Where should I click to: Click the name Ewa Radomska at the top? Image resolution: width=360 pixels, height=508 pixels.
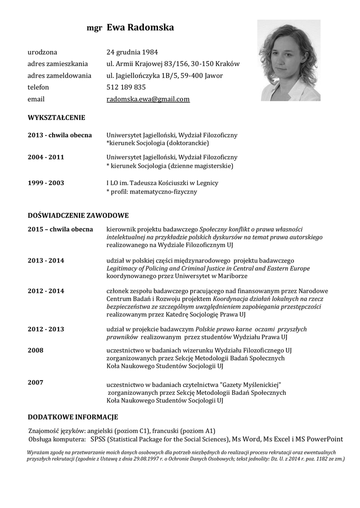(140, 28)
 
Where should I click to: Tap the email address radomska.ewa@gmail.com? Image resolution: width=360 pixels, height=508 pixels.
(148, 99)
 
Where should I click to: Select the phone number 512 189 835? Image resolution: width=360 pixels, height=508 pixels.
(126, 87)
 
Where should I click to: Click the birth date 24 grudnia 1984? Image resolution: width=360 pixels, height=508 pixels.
(133, 52)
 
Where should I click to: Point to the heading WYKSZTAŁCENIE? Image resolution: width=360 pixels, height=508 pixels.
(56, 118)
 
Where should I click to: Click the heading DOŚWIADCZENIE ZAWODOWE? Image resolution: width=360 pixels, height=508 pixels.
(78, 215)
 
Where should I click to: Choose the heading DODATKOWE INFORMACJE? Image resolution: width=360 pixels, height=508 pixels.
(72, 417)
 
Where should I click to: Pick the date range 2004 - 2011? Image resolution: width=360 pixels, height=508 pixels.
(46, 157)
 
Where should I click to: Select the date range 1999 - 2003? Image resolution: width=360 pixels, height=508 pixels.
(46, 183)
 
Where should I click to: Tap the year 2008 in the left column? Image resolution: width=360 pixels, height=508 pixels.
(35, 350)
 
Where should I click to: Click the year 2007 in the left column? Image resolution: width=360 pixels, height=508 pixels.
(35, 382)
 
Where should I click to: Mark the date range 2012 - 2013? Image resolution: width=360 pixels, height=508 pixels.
(46, 329)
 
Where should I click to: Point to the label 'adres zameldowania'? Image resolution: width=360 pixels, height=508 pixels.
(60, 75)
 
